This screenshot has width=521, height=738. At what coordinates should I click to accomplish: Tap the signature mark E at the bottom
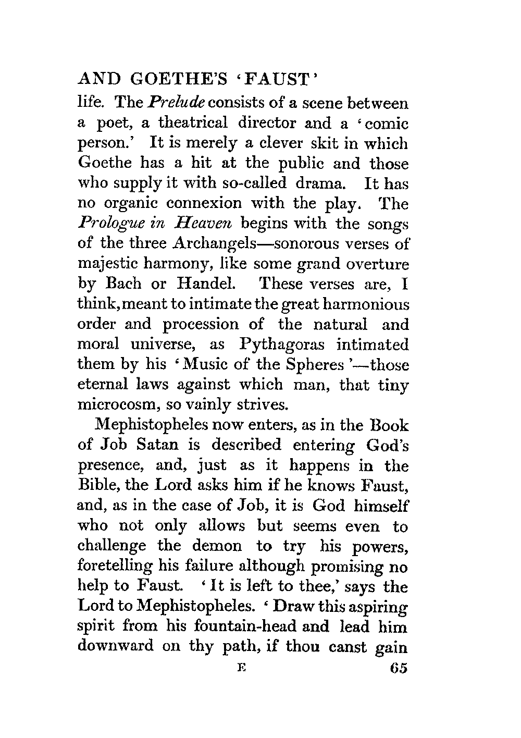click(240, 668)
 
